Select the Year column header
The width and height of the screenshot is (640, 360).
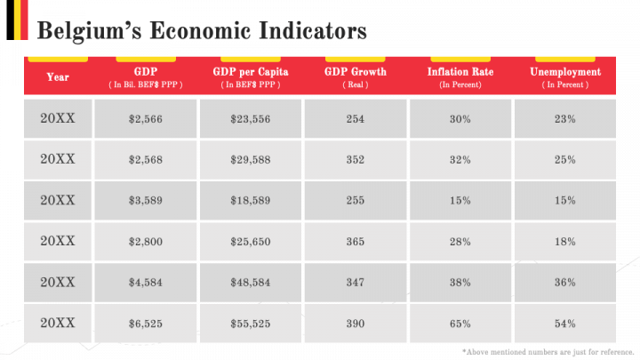click(x=58, y=77)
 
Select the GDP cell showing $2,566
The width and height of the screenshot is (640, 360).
click(x=146, y=118)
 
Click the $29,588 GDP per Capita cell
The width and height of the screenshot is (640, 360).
click(x=251, y=160)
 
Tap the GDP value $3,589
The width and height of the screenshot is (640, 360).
click(x=146, y=201)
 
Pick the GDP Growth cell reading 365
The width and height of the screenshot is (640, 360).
click(x=356, y=242)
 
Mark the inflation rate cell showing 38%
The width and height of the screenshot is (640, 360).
click(x=460, y=283)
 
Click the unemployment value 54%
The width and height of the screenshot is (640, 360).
click(x=565, y=324)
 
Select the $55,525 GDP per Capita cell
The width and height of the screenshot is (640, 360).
click(x=251, y=324)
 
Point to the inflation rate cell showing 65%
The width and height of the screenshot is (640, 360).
click(x=460, y=324)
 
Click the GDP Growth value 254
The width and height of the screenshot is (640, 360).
click(x=356, y=118)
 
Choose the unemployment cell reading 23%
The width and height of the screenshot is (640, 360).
click(x=565, y=118)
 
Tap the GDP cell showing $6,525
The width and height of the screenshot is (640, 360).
click(x=146, y=324)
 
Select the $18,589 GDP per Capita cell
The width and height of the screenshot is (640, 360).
click(x=251, y=201)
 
